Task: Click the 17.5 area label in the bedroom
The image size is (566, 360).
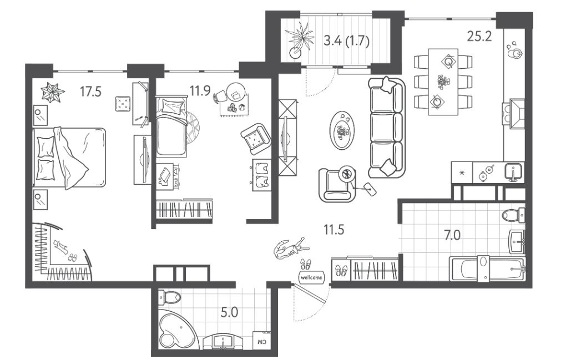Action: (x=90, y=92)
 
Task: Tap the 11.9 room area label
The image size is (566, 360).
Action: (x=200, y=91)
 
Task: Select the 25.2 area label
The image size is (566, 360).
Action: (x=479, y=36)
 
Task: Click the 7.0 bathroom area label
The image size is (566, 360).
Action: (x=452, y=235)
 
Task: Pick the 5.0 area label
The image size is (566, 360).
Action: (x=229, y=312)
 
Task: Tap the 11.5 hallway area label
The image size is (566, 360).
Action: (x=333, y=230)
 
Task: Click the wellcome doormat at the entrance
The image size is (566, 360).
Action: (x=311, y=277)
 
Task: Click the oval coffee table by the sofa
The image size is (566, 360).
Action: (x=342, y=130)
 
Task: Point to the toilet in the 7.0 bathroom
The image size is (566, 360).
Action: (x=513, y=215)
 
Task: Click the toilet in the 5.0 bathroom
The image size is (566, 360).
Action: (x=170, y=298)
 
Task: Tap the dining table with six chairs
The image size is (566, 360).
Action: (x=443, y=82)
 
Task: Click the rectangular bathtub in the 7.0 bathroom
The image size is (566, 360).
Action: (x=487, y=268)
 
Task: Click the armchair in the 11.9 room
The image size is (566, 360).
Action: (x=256, y=137)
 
